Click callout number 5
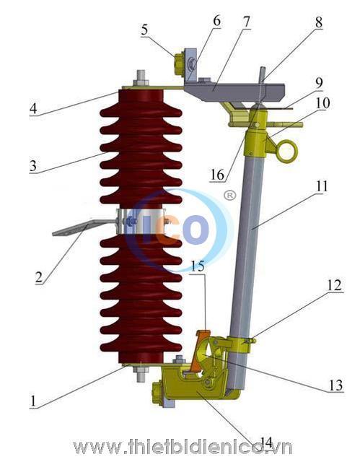[144, 30]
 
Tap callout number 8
[318, 22]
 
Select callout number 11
[322, 186]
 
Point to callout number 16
[217, 175]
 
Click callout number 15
[198, 266]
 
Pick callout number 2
[38, 277]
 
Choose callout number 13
[335, 385]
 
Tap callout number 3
[33, 166]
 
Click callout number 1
[33, 401]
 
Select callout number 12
[335, 285]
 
